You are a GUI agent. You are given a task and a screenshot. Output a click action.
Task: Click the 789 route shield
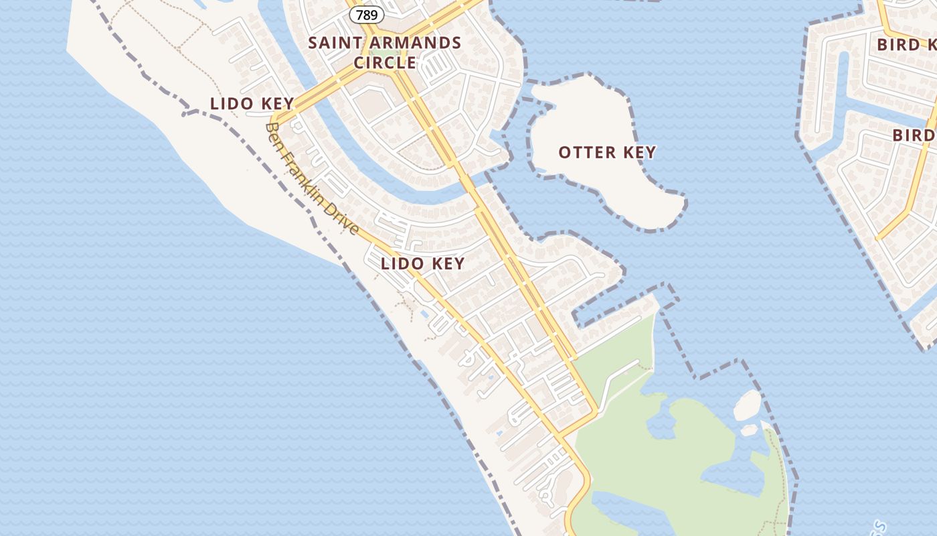point(366,14)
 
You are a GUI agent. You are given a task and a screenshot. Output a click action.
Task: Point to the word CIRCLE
point(385,63)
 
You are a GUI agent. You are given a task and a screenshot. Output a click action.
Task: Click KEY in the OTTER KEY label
point(639,153)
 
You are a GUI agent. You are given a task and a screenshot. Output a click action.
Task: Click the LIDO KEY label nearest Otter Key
point(422,263)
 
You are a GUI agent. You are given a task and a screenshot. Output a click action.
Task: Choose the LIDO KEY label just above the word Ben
point(252,104)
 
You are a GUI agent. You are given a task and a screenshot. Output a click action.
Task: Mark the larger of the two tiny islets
point(748,405)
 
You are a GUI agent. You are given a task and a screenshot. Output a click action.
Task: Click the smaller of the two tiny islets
point(750,429)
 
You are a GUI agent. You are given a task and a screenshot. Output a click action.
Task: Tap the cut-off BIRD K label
point(906,45)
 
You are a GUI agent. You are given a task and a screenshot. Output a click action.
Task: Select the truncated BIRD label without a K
point(914,135)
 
